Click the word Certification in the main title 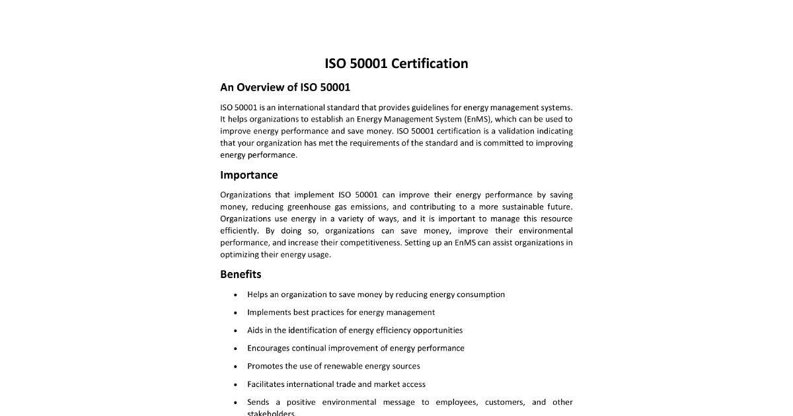pos(430,63)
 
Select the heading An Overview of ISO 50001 pos(285,87)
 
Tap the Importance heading pos(248,175)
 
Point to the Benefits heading pos(241,274)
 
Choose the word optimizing pos(239,254)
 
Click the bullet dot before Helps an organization pos(236,295)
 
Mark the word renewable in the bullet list pos(351,366)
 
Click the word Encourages pos(268,348)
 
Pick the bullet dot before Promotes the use pos(236,366)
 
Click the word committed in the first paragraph pos(504,143)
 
